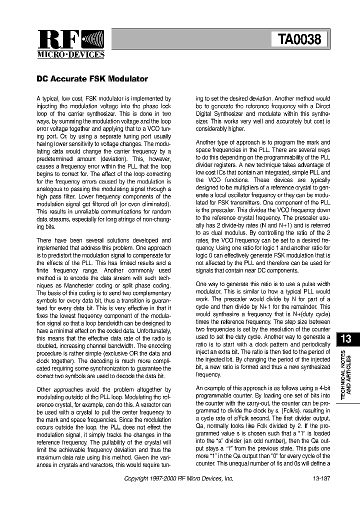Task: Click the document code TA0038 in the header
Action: [299, 39]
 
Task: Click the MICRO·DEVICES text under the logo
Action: [71, 55]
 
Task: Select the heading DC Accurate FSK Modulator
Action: [92, 79]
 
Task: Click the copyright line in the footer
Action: [178, 478]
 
